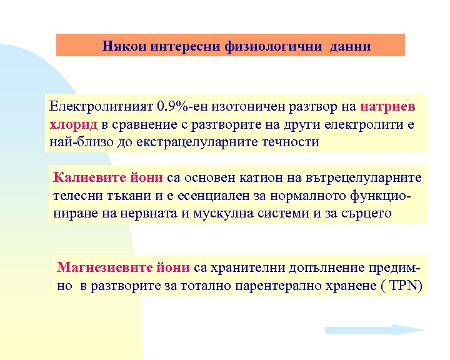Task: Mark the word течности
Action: (293, 142)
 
